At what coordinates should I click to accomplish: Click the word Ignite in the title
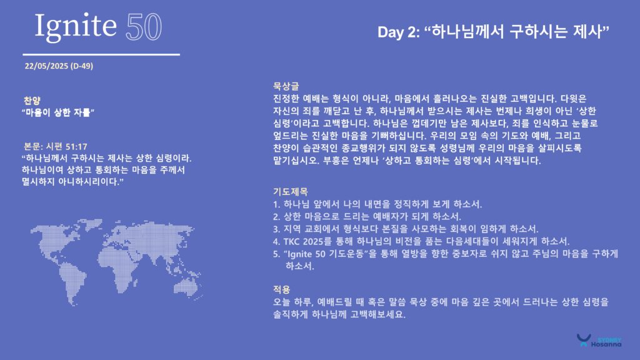pyautogui.click(x=76, y=26)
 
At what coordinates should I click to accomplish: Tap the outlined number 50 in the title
pyautogui.click(x=144, y=27)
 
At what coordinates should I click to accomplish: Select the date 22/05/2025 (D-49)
pyautogui.click(x=59, y=66)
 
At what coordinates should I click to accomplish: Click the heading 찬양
pyautogui.click(x=32, y=101)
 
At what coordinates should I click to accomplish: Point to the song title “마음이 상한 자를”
pyautogui.click(x=58, y=112)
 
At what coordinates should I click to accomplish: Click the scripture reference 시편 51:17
pyautogui.click(x=66, y=146)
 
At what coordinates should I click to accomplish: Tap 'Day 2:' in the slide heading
pyautogui.click(x=398, y=32)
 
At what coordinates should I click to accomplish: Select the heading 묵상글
pyautogui.click(x=286, y=86)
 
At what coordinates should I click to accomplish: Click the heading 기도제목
pyautogui.click(x=290, y=191)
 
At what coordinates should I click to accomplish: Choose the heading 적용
pyautogui.click(x=282, y=289)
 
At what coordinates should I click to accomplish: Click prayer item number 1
pyautogui.click(x=377, y=204)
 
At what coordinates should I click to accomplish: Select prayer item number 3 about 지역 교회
pyautogui.click(x=406, y=229)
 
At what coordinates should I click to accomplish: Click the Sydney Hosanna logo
pyautogui.click(x=599, y=341)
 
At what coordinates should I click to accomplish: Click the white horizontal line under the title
pyautogui.click(x=101, y=54)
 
